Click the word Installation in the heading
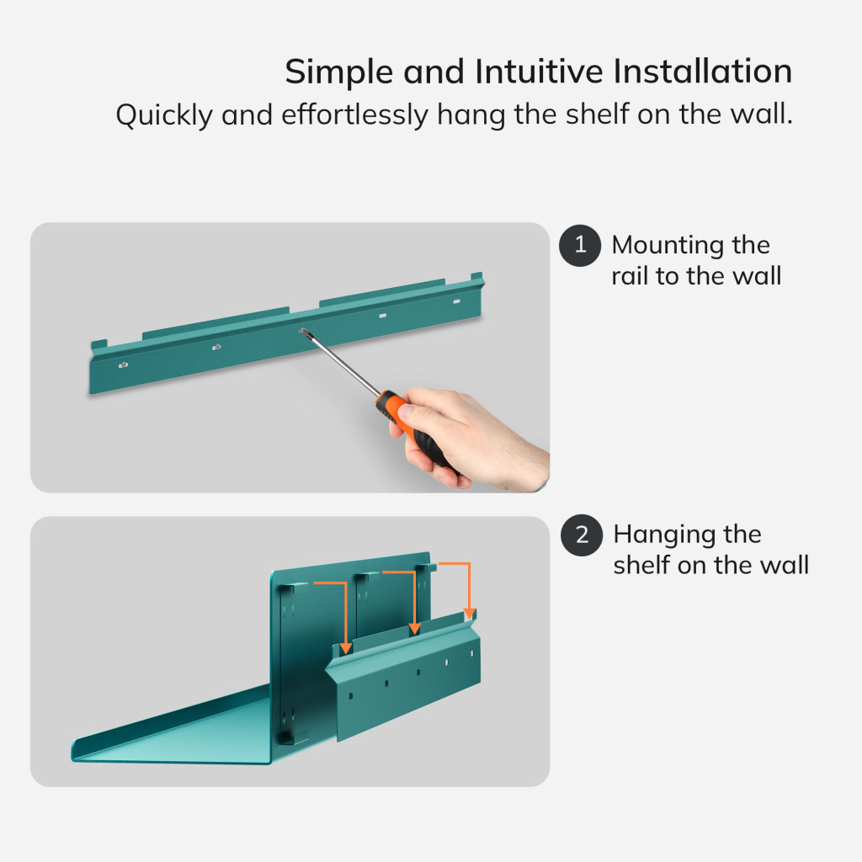coord(702,72)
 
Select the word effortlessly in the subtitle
coord(354,114)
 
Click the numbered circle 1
coord(580,246)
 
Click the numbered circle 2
coord(582,535)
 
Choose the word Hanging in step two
coord(663,535)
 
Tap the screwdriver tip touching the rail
coord(303,332)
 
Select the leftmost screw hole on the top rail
coord(124,364)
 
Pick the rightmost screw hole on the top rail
coord(456,301)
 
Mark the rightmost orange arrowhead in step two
coord(470,613)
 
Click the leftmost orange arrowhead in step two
coord(345,648)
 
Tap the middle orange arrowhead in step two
coord(415,628)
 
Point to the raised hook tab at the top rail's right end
coord(476,276)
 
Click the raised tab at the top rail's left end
coord(99,345)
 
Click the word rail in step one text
coord(629,276)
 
